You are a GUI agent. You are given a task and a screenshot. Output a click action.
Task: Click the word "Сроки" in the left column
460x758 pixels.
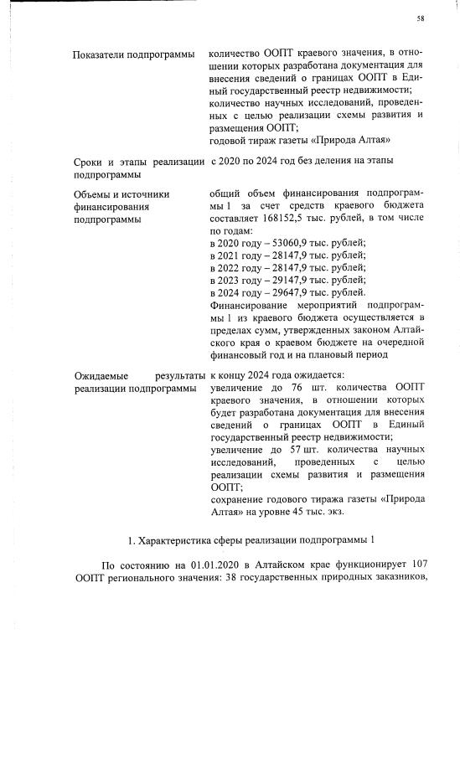[89, 161]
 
